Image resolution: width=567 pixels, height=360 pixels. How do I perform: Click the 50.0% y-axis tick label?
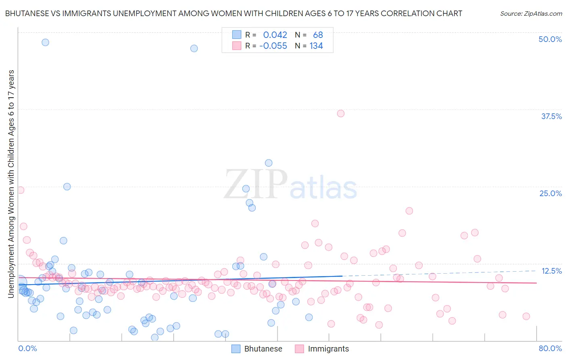click(x=550, y=39)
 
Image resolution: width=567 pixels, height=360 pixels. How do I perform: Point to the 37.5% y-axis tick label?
click(x=551, y=116)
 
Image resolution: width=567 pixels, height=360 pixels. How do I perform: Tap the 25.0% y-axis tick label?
click(x=550, y=193)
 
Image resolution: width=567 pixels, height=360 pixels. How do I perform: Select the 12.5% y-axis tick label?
click(x=551, y=271)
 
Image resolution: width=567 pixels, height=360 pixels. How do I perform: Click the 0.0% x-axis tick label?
click(x=27, y=348)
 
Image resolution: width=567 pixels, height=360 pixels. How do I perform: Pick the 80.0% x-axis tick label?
click(x=550, y=348)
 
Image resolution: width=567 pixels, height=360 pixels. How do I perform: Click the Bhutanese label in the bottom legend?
click(x=263, y=349)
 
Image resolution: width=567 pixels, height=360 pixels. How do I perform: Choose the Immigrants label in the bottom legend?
click(x=328, y=349)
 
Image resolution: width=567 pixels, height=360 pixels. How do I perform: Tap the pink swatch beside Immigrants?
click(x=299, y=349)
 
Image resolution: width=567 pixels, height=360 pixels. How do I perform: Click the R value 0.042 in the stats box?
click(x=275, y=35)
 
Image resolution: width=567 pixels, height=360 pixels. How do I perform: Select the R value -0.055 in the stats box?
click(x=273, y=46)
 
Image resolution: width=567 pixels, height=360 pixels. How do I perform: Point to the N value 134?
click(x=316, y=46)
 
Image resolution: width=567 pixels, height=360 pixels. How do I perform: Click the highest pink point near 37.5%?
click(x=341, y=113)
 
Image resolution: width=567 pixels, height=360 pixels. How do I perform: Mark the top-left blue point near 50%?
click(x=46, y=42)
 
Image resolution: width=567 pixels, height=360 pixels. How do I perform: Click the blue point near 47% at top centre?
click(x=194, y=48)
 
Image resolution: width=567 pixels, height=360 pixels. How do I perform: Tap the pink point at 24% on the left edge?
click(x=20, y=190)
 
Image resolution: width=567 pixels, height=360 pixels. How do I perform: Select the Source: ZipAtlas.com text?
click(x=531, y=13)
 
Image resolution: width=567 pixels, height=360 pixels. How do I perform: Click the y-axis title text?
click(x=11, y=184)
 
